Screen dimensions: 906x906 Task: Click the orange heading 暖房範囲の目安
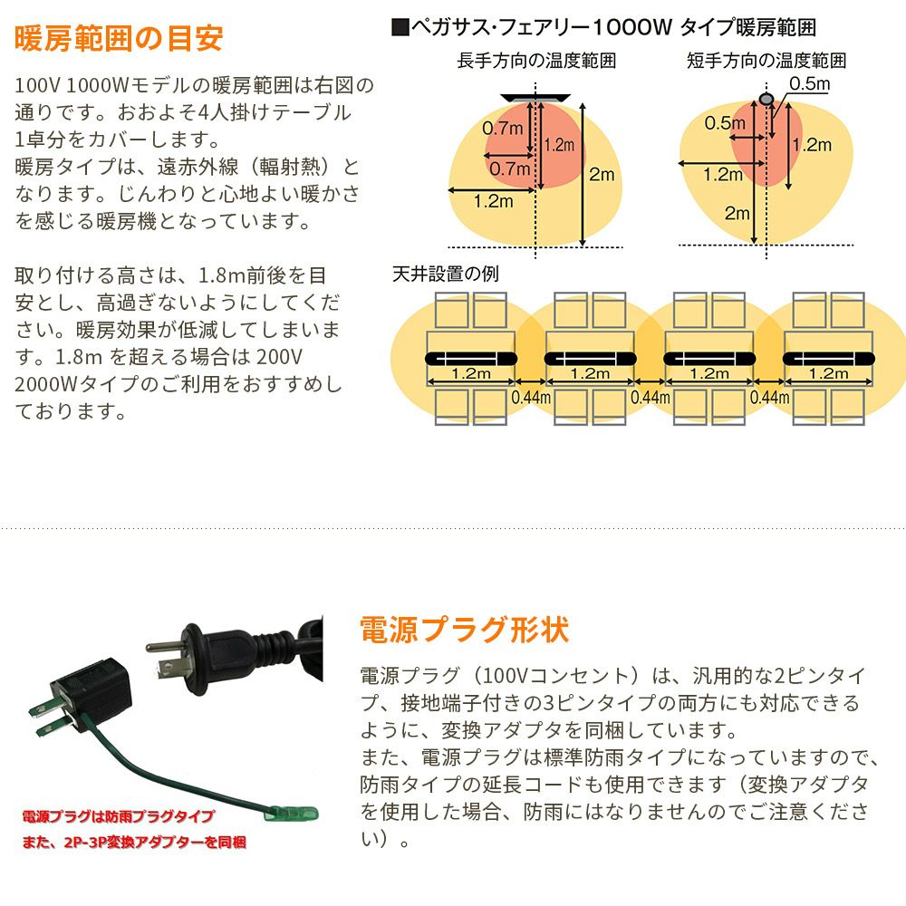[x=119, y=39]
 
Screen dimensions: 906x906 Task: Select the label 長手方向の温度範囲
[x=536, y=62]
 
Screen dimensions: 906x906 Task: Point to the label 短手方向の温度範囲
[x=766, y=62]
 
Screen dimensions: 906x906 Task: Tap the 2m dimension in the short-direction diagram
[x=737, y=214]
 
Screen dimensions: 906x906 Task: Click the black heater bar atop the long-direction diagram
[x=535, y=96]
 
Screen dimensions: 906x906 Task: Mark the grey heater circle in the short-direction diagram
[x=766, y=97]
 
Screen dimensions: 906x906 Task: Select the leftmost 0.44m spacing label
[x=531, y=397]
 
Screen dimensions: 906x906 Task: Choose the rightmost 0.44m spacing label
[x=770, y=397]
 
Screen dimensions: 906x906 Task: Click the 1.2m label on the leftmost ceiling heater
[x=471, y=372]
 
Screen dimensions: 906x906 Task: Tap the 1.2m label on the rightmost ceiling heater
[x=828, y=372]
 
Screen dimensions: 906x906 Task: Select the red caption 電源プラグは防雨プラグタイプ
[x=117, y=816]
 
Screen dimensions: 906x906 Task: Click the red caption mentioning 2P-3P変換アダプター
[x=134, y=843]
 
